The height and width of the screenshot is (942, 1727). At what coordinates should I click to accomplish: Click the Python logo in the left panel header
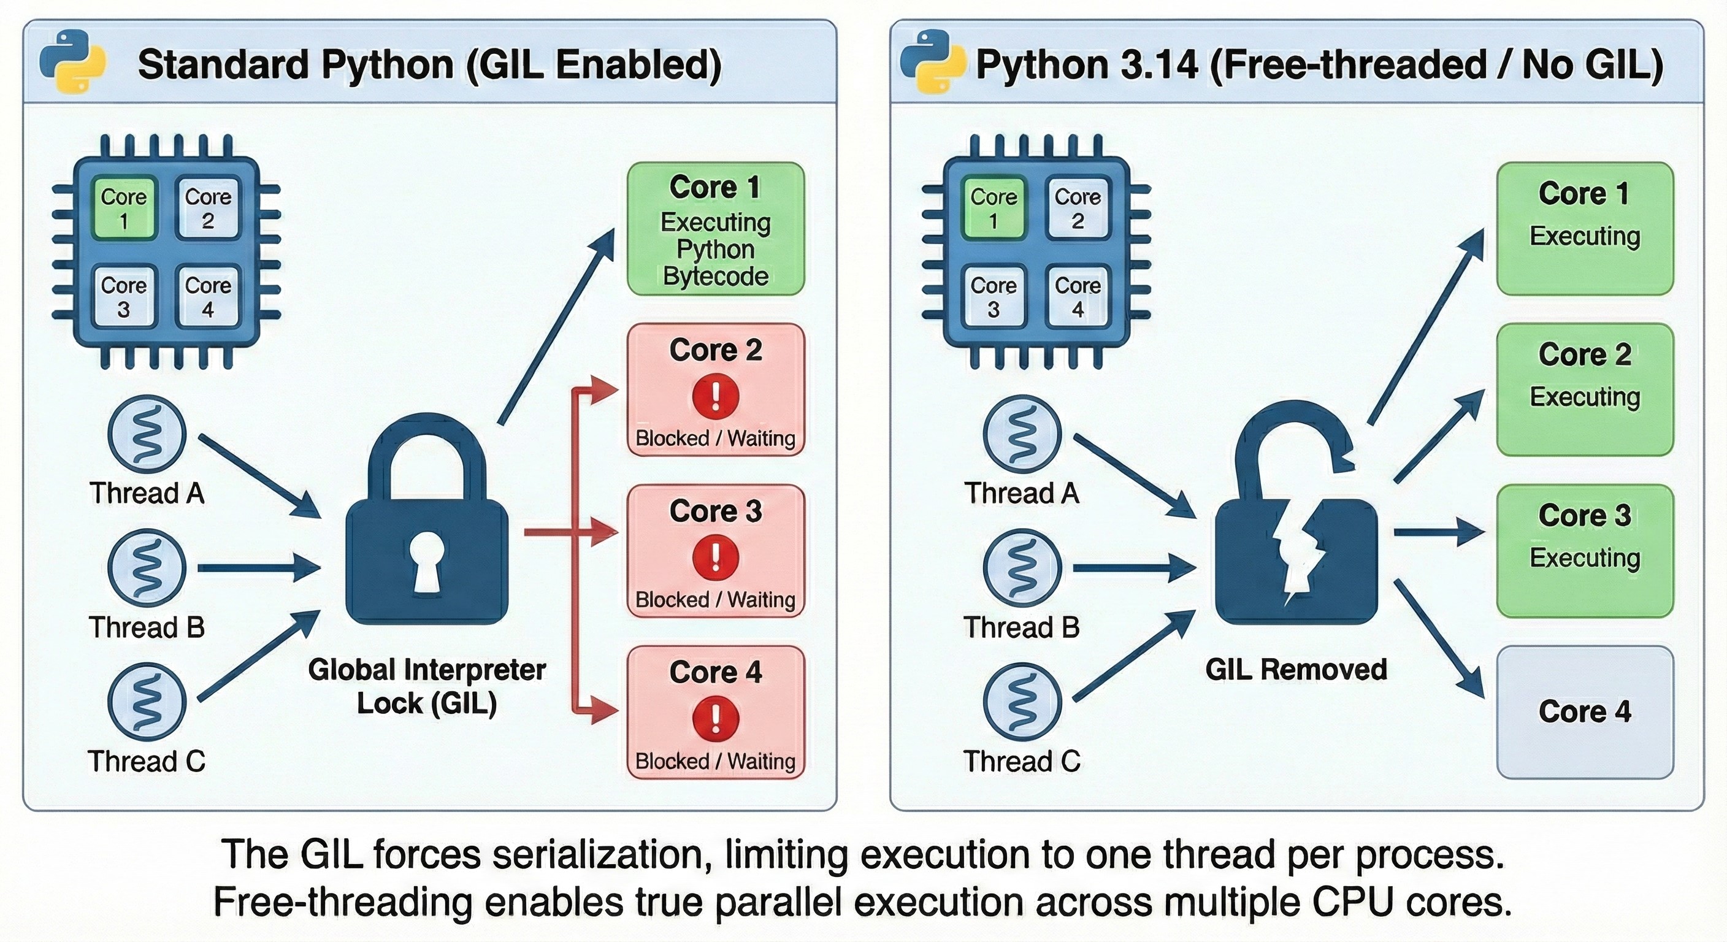tap(72, 62)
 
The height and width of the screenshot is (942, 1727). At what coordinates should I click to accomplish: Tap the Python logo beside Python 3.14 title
tap(933, 62)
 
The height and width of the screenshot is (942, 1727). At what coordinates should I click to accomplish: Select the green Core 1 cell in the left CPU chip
tap(123, 208)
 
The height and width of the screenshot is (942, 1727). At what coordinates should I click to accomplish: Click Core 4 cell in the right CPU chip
tap(1078, 296)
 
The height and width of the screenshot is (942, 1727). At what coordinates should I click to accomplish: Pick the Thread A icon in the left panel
tap(147, 434)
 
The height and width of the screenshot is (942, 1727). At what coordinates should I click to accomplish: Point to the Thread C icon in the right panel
tap(1022, 702)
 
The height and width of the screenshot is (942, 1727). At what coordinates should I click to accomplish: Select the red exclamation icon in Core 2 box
tap(715, 396)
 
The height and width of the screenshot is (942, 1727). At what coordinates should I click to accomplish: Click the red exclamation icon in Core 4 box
tap(715, 718)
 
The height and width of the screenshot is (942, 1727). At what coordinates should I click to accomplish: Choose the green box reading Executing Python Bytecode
tap(715, 229)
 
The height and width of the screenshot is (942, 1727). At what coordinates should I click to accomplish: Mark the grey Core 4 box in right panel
tap(1585, 711)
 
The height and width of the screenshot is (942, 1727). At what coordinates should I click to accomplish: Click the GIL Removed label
tap(1296, 670)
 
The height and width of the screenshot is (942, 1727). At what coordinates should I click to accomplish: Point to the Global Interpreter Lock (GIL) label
tap(427, 686)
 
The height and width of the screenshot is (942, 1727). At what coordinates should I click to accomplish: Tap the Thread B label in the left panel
tap(147, 627)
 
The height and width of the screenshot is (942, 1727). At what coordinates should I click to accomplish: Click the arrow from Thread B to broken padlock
tap(1133, 569)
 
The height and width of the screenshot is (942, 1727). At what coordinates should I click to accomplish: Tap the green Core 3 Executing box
tap(1585, 551)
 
